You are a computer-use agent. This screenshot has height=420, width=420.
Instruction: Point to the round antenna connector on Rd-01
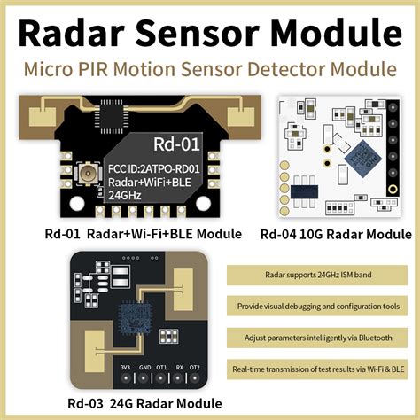pos(88,174)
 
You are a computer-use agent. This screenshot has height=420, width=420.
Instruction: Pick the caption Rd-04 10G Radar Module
pos(336,235)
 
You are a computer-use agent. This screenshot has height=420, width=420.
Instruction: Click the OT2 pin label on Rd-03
pos(195,366)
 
